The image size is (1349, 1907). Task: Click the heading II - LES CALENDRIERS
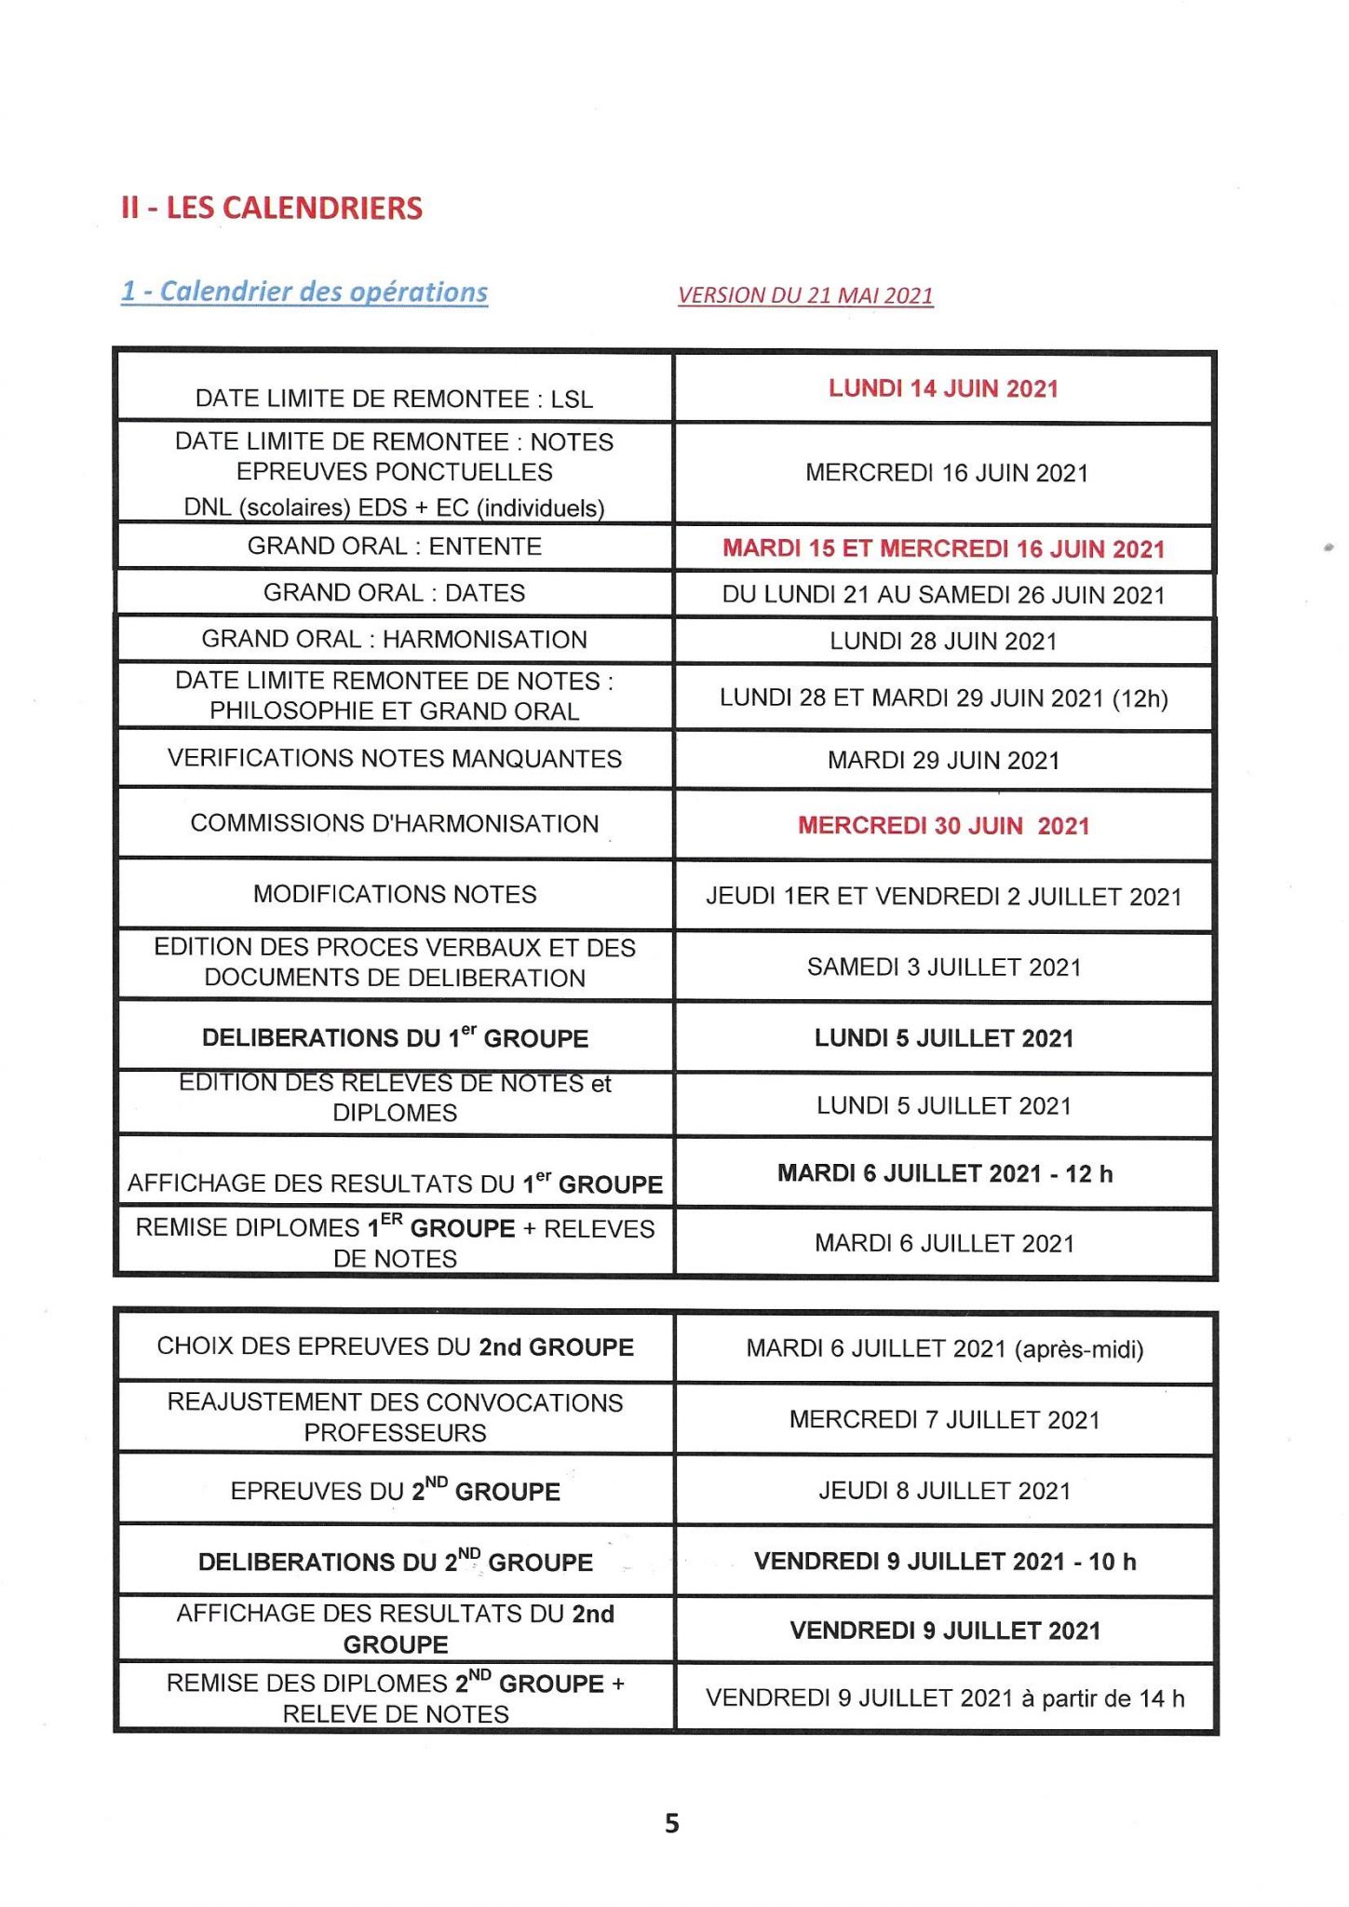pos(271,208)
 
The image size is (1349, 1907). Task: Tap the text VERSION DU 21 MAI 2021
pos(805,295)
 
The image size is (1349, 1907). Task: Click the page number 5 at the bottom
pos(672,1823)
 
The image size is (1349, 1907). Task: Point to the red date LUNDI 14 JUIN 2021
pos(943,388)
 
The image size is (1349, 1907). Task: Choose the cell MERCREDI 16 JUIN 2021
pos(946,473)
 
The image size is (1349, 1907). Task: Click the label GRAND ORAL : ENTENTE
pos(394,546)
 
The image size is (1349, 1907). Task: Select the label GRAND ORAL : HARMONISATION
pos(394,640)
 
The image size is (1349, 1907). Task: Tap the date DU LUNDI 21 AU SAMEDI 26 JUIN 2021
pos(943,595)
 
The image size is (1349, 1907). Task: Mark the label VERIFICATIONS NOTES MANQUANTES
pos(394,759)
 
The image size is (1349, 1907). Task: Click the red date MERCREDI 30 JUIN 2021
pos(943,826)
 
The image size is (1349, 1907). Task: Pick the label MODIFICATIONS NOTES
pos(395,895)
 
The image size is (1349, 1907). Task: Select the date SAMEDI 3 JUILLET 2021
pos(944,967)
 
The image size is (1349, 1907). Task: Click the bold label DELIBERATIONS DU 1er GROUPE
pos(395,1037)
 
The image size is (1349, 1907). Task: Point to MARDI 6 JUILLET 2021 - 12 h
pos(944,1173)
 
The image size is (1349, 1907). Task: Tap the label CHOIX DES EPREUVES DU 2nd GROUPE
pos(395,1346)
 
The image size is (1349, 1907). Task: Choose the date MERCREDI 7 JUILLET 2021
pos(944,1420)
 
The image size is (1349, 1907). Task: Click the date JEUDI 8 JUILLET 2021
pos(944,1491)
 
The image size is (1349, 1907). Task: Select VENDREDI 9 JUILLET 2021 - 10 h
pos(944,1562)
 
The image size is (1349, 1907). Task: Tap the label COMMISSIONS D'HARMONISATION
pos(394,824)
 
